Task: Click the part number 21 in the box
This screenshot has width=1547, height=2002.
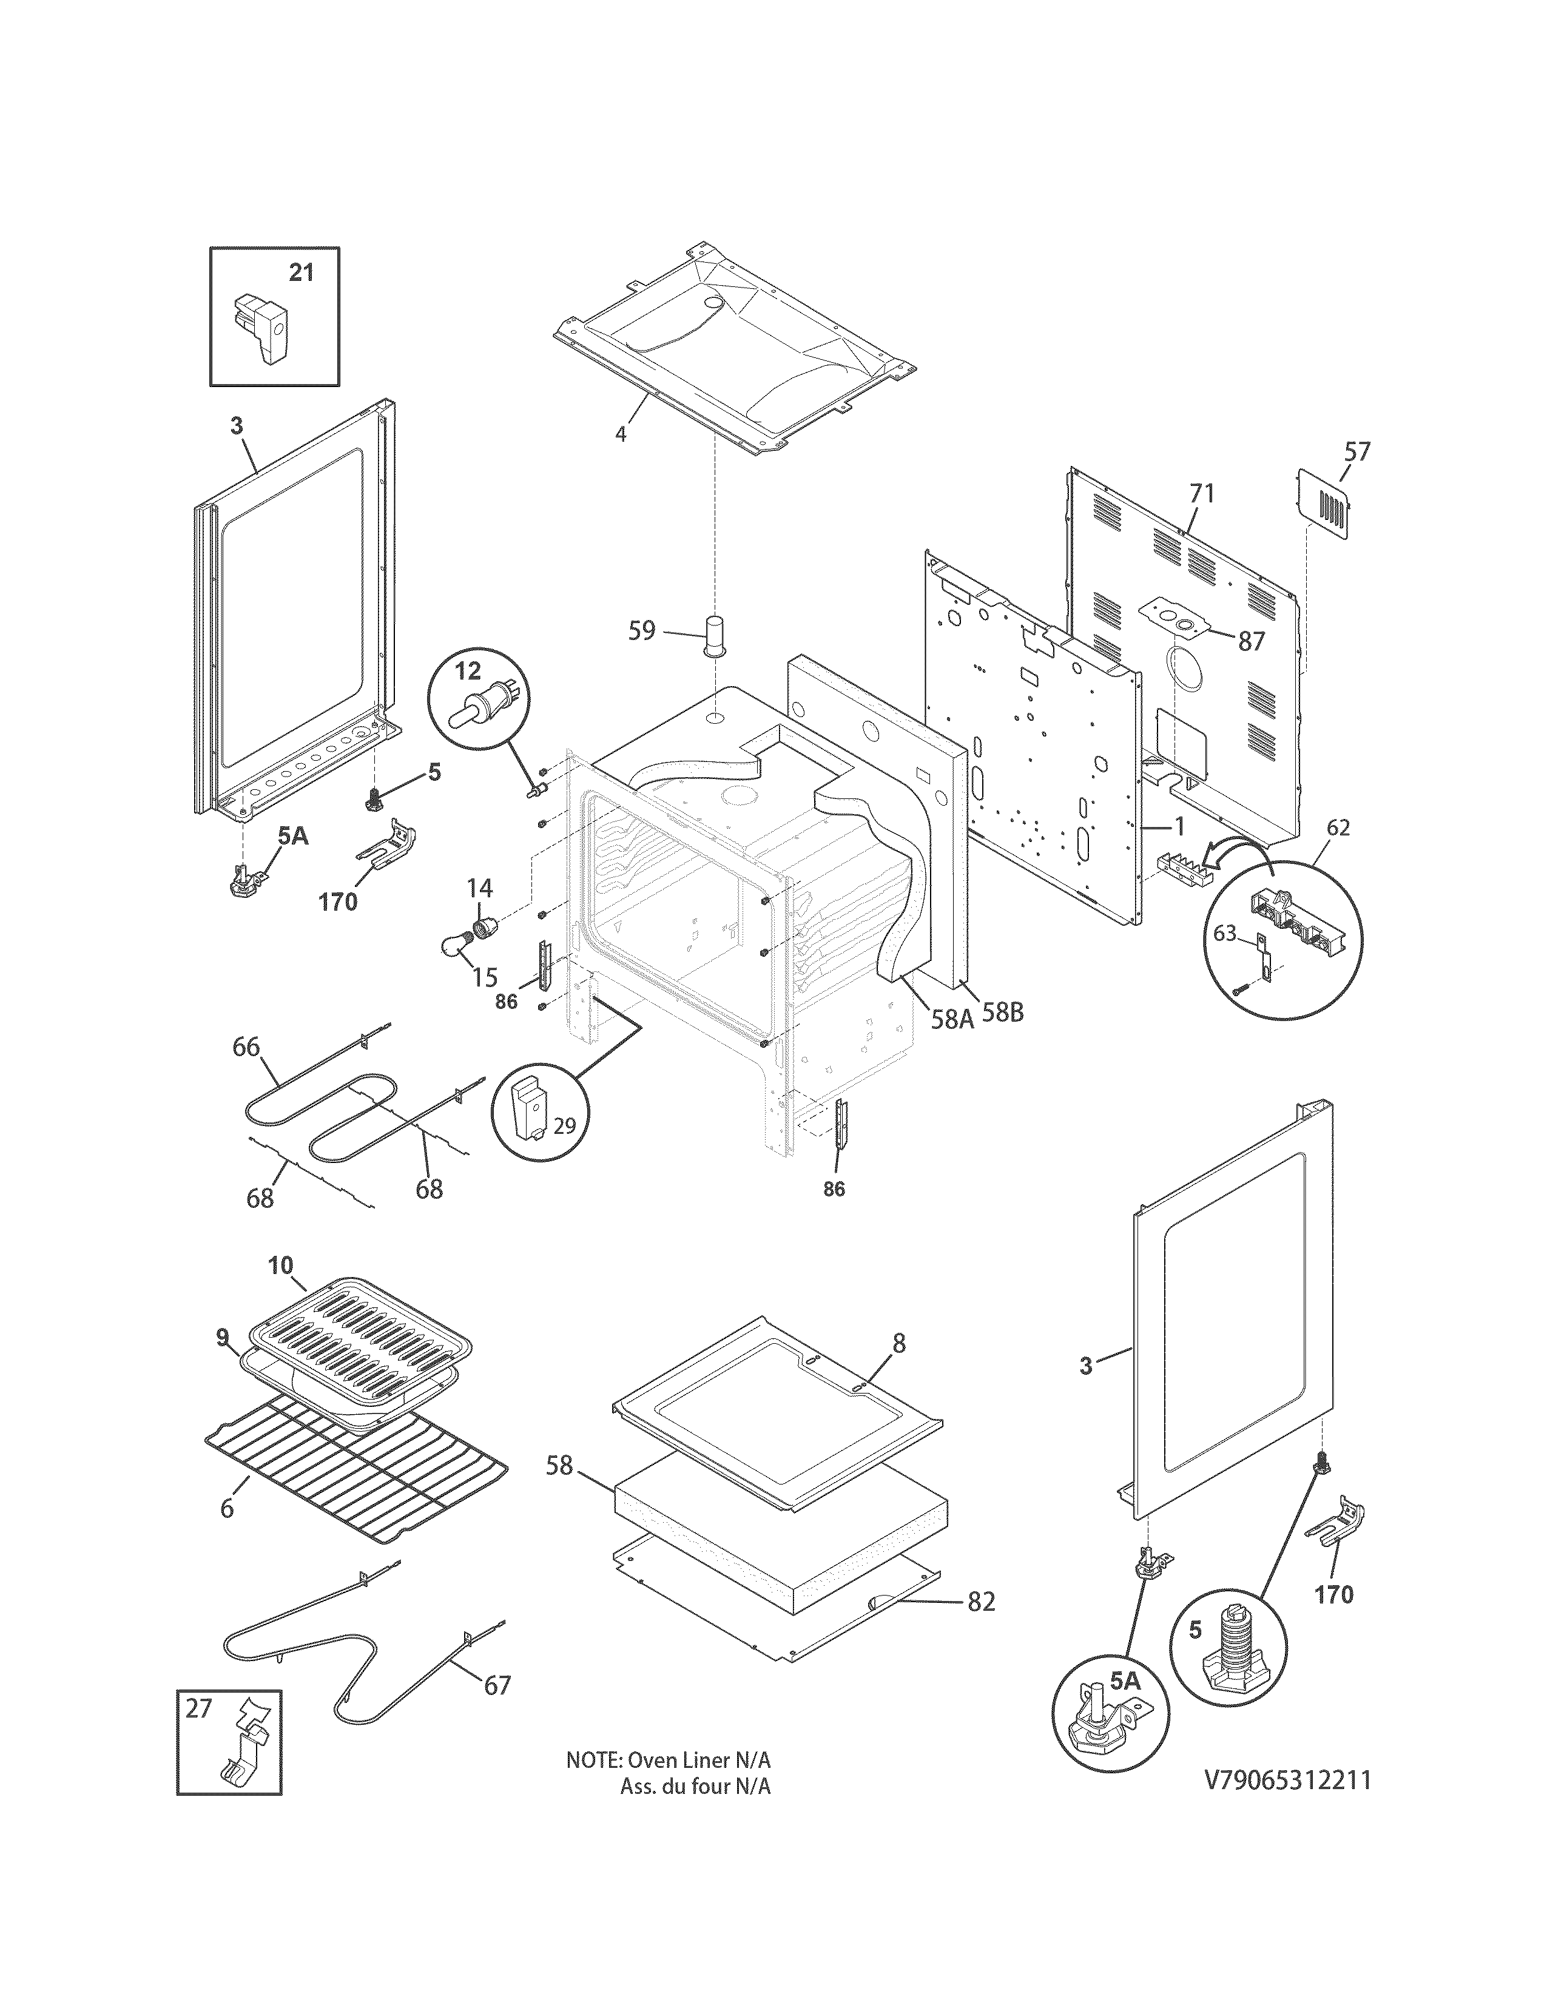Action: click(302, 272)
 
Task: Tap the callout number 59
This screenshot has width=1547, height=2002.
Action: click(641, 631)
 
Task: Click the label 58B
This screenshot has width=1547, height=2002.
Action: click(1003, 1014)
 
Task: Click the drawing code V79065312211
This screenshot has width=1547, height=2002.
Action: click(1287, 1806)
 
